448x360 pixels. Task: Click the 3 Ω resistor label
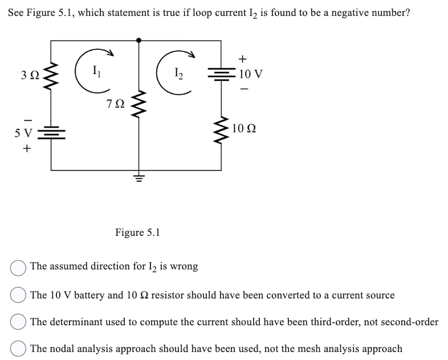[31, 75]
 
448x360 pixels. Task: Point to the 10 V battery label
[251, 74]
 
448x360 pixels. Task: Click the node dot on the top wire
[139, 40]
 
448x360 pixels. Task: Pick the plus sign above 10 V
[244, 58]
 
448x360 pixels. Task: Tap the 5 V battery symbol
[52, 134]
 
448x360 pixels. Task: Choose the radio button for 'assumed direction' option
[18, 267]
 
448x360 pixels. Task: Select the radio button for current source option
[18, 295]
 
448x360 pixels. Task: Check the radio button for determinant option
[18, 322]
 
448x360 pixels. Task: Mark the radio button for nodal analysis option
[18, 349]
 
